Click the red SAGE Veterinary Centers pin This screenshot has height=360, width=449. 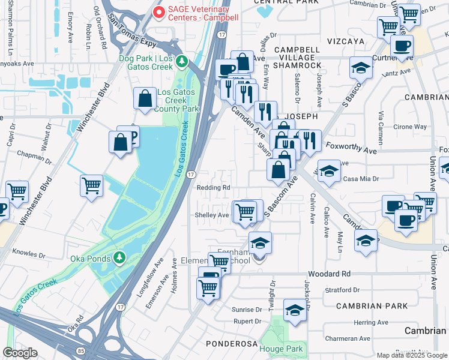(x=158, y=12)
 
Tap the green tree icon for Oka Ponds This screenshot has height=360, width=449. (x=119, y=258)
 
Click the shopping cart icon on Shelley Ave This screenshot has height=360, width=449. (x=245, y=212)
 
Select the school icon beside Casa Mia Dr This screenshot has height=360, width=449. (x=329, y=171)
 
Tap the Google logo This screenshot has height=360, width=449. (x=20, y=352)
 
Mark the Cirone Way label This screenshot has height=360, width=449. (x=410, y=127)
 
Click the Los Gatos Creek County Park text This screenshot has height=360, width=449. (x=177, y=101)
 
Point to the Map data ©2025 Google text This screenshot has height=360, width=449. (x=412, y=355)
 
